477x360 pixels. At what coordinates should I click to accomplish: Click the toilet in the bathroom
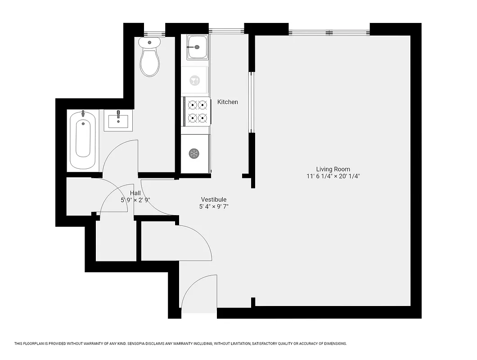pyautogui.click(x=149, y=58)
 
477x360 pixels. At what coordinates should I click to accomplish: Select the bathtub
pyautogui.click(x=83, y=139)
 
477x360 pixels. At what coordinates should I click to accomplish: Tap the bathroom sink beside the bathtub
pyautogui.click(x=118, y=121)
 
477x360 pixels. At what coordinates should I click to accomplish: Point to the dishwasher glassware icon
pyautogui.click(x=195, y=81)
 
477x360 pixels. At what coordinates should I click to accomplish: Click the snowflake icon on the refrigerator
pyautogui.click(x=194, y=153)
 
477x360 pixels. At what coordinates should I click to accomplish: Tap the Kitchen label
pyautogui.click(x=228, y=102)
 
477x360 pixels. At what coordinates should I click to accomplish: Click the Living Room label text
pyautogui.click(x=333, y=169)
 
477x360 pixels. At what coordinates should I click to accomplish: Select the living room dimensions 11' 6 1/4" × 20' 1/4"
pyautogui.click(x=333, y=176)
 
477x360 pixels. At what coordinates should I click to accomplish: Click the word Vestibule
pyautogui.click(x=213, y=199)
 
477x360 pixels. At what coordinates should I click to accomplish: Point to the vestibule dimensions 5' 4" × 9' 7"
pyautogui.click(x=213, y=207)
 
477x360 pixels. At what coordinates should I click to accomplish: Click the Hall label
pyautogui.click(x=135, y=193)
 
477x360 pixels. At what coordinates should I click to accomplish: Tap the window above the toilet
pyautogui.click(x=154, y=33)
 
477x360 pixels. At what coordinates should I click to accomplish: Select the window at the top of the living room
pyautogui.click(x=329, y=32)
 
